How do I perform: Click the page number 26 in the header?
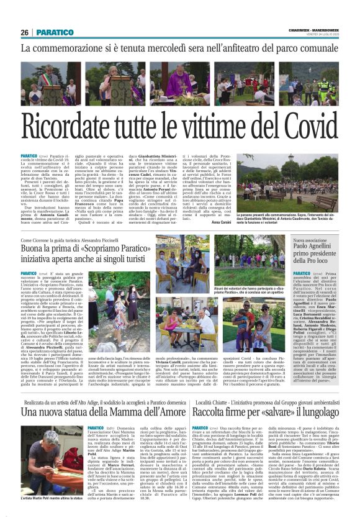25,32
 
